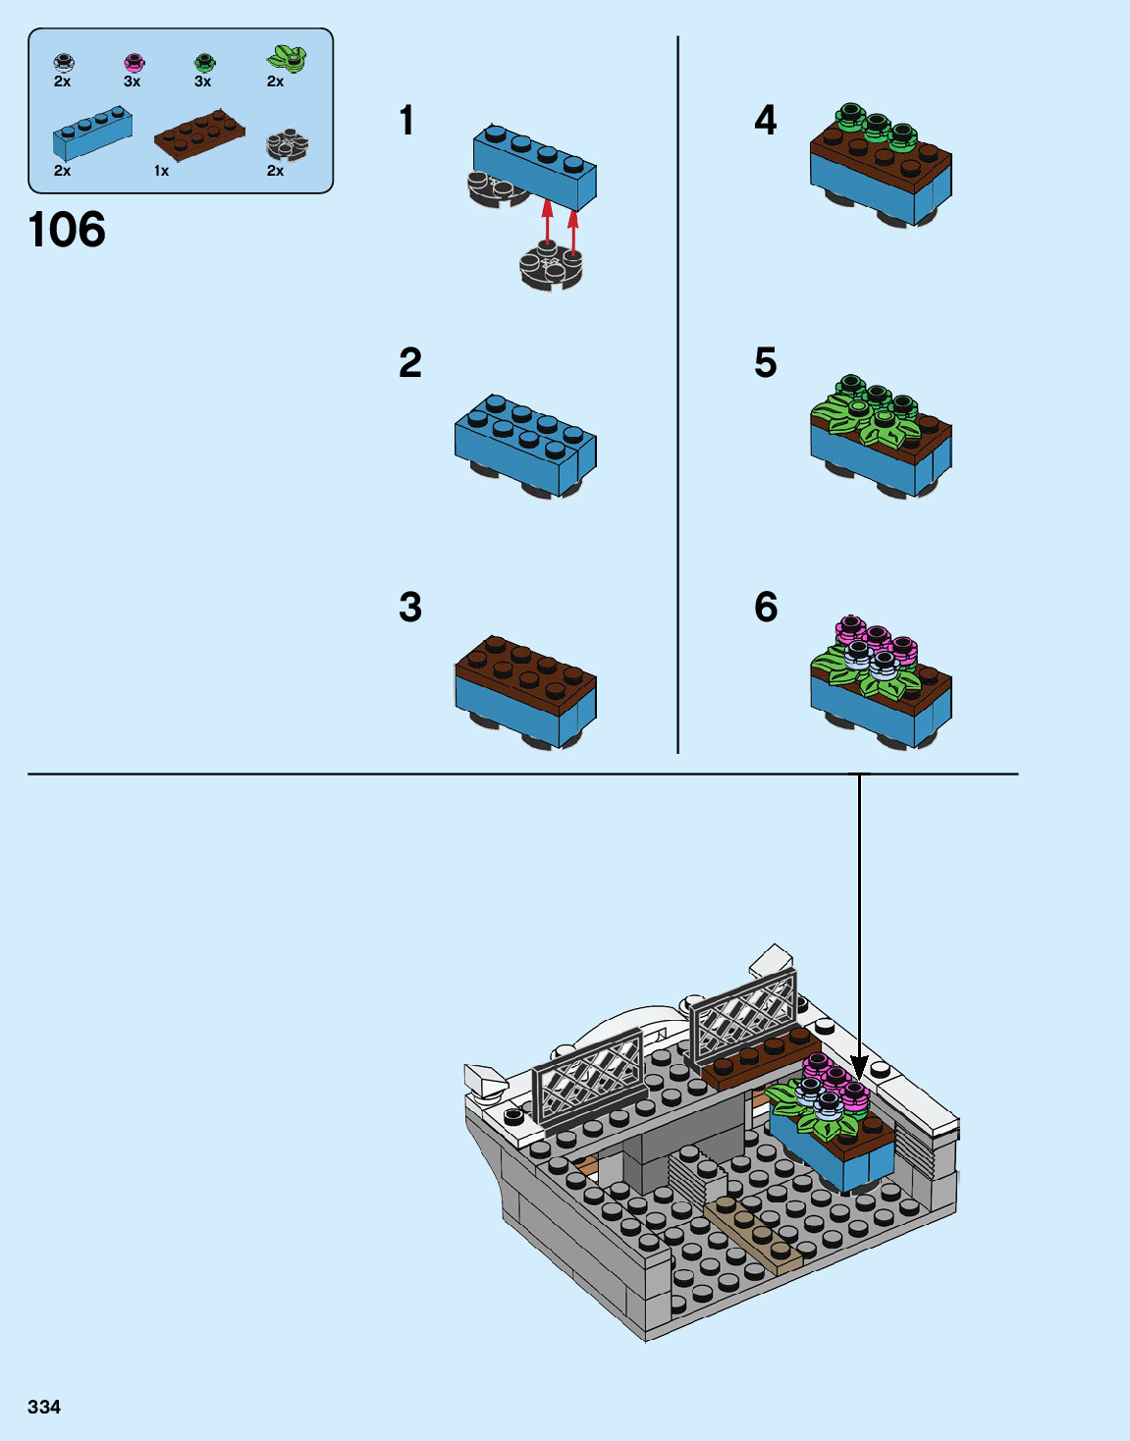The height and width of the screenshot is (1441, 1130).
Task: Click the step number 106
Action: [67, 231]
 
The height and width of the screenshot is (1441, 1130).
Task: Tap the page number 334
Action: [44, 1407]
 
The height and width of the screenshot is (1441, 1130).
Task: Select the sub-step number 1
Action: [406, 121]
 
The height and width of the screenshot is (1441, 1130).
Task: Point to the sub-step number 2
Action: [410, 363]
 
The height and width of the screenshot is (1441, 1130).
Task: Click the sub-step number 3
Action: [410, 608]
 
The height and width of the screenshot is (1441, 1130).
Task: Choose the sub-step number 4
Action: [766, 121]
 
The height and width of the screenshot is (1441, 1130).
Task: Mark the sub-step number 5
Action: [766, 363]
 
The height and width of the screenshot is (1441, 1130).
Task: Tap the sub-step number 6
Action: [766, 608]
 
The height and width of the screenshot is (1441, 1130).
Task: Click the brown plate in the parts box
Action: [199, 134]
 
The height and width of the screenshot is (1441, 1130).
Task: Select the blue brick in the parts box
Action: [92, 133]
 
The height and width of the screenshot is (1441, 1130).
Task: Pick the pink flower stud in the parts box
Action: [134, 64]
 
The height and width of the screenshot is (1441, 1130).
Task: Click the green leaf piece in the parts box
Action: [287, 59]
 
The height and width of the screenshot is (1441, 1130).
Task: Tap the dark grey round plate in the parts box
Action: [287, 146]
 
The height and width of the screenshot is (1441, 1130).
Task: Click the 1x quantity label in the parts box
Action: [161, 171]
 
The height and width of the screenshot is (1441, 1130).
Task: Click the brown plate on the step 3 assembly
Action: [525, 667]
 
